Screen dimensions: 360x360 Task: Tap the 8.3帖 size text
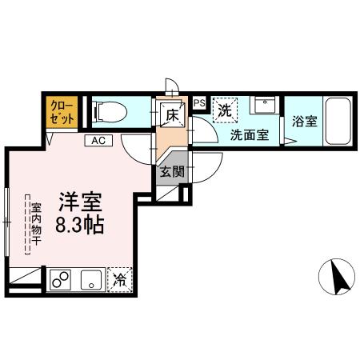78,225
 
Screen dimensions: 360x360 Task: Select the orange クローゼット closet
62,112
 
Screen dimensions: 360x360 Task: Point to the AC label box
98,141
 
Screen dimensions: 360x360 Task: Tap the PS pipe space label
199,102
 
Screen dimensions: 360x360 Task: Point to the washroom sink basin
265,106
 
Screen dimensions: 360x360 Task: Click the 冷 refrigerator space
120,280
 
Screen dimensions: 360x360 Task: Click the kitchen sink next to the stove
90,280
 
